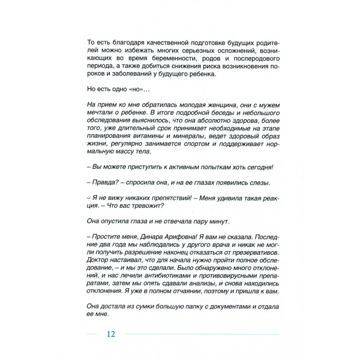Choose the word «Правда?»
tap(103, 183)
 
